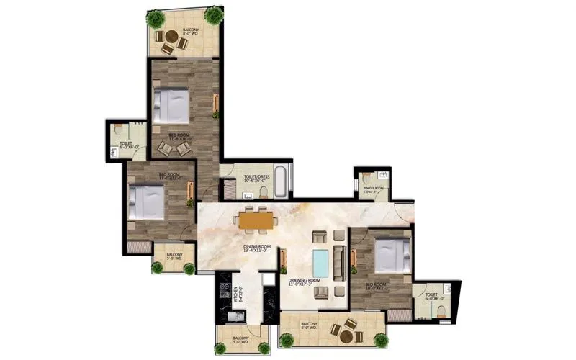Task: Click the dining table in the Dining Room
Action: click(256, 219)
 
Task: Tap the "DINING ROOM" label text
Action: click(256, 249)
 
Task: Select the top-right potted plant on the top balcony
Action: click(213, 15)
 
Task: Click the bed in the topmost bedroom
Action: click(171, 106)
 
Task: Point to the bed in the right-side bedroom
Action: click(393, 256)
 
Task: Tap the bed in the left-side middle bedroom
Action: click(148, 201)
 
